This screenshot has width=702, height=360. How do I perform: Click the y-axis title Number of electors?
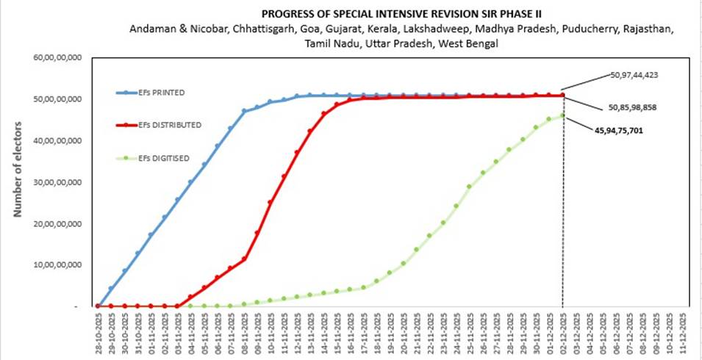pos(17,176)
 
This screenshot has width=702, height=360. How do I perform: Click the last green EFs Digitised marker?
pos(563,115)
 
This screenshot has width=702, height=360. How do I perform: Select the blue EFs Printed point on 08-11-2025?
pos(244,111)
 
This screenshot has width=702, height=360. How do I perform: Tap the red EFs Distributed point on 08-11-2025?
pos(244,259)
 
